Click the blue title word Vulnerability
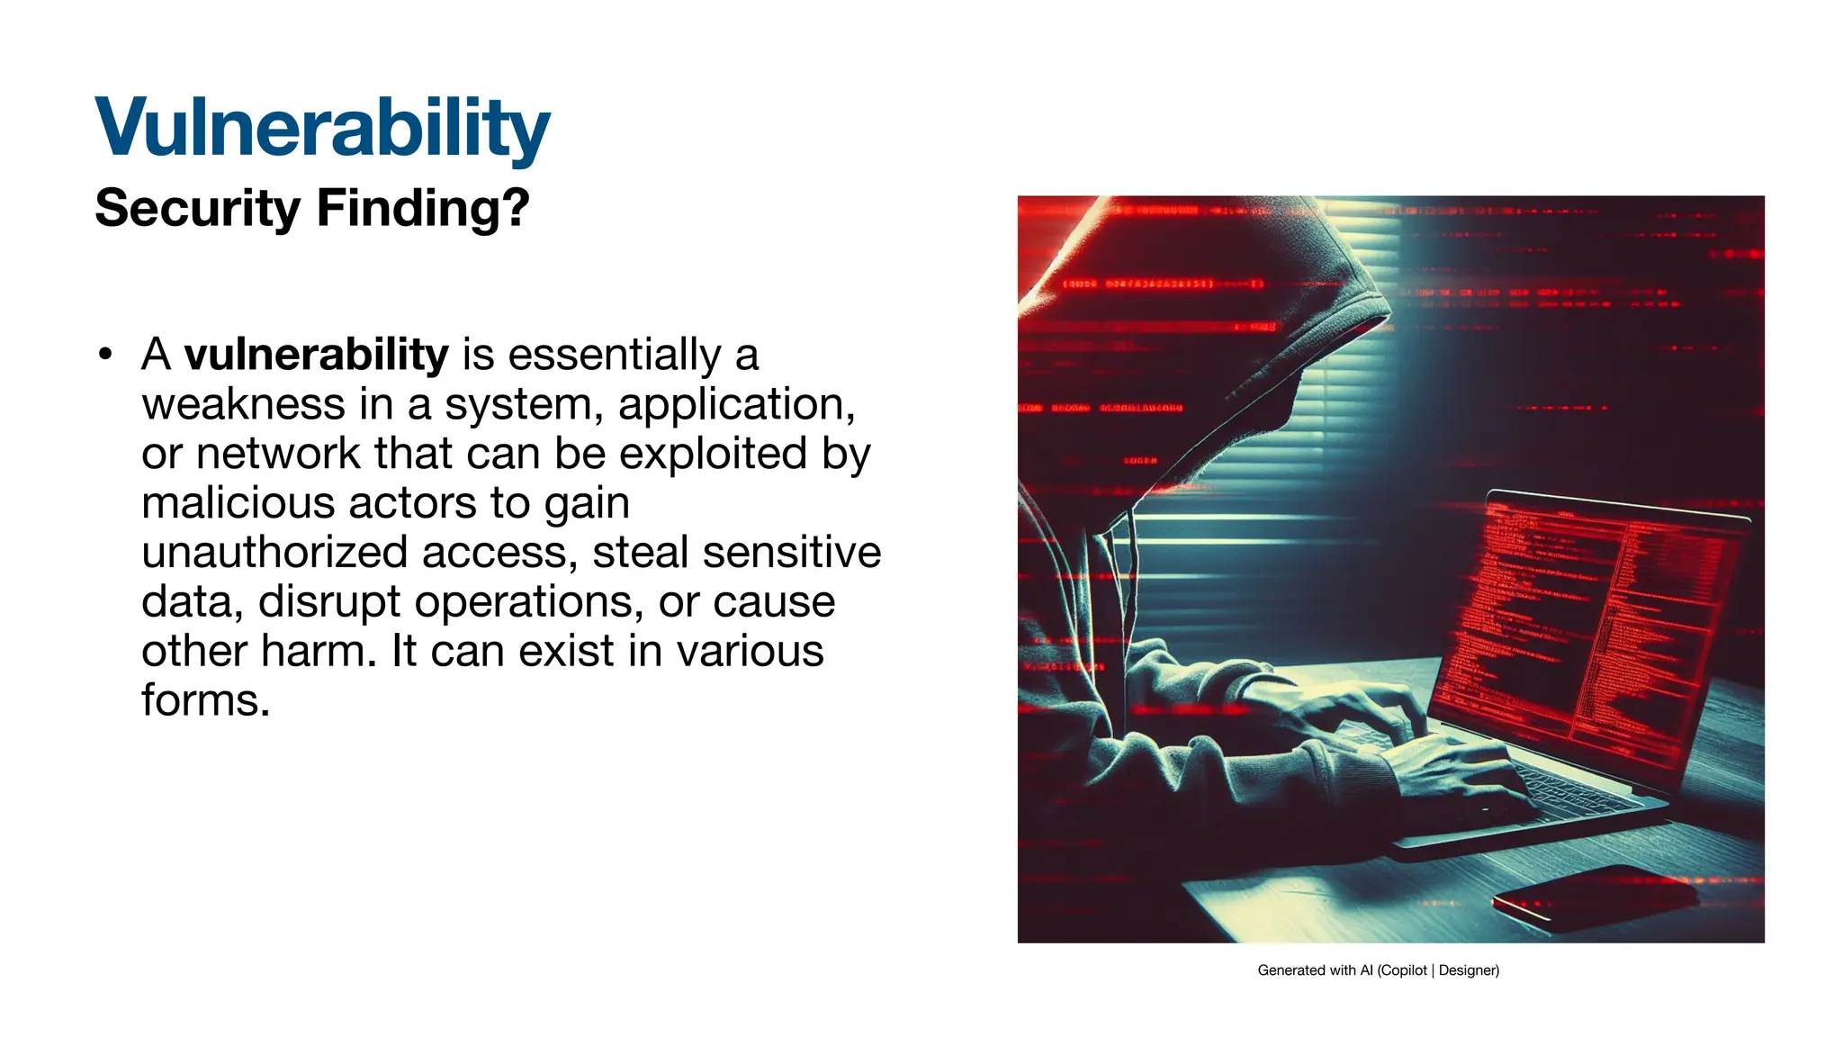(322, 128)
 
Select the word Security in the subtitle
(197, 209)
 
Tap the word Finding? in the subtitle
(423, 209)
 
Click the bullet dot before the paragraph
(106, 354)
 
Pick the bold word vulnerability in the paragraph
(316, 354)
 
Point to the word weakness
(243, 404)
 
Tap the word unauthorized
(274, 552)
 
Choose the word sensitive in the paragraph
(791, 552)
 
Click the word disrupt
(328, 601)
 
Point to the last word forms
(204, 700)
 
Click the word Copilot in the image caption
(1404, 970)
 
